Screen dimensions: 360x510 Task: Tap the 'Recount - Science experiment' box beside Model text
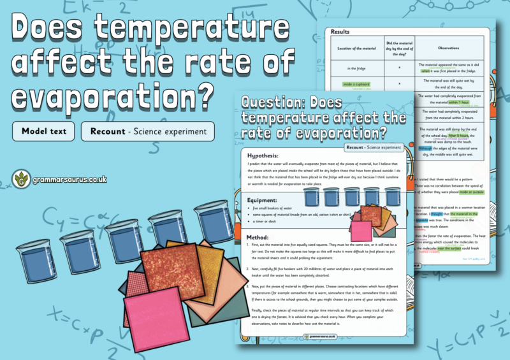[148, 131]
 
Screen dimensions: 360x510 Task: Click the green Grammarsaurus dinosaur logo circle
[22, 179]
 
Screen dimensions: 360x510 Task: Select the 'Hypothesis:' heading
[268, 155]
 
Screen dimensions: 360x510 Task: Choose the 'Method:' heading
[263, 238]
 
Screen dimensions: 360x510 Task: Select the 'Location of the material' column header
[354, 48]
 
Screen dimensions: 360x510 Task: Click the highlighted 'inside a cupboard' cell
[357, 84]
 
